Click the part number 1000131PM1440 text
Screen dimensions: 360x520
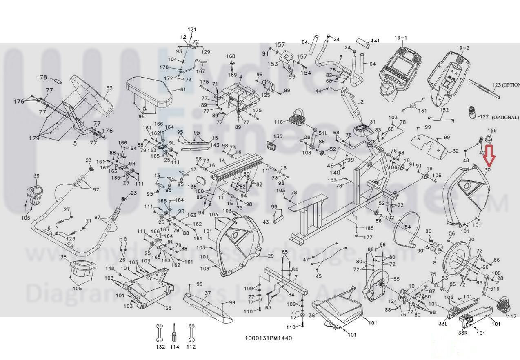pyautogui.click(x=268, y=338)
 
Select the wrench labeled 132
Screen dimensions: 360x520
pyautogui.click(x=160, y=333)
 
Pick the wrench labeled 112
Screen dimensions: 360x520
pyautogui.click(x=191, y=333)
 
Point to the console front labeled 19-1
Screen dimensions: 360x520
pyautogui.click(x=400, y=69)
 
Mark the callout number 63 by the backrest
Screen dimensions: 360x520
pyautogui.click(x=109, y=88)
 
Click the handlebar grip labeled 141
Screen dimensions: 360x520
pyautogui.click(x=363, y=43)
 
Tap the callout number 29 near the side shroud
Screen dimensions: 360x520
pyautogui.click(x=270, y=256)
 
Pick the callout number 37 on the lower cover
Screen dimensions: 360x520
pyautogui.click(x=207, y=293)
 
